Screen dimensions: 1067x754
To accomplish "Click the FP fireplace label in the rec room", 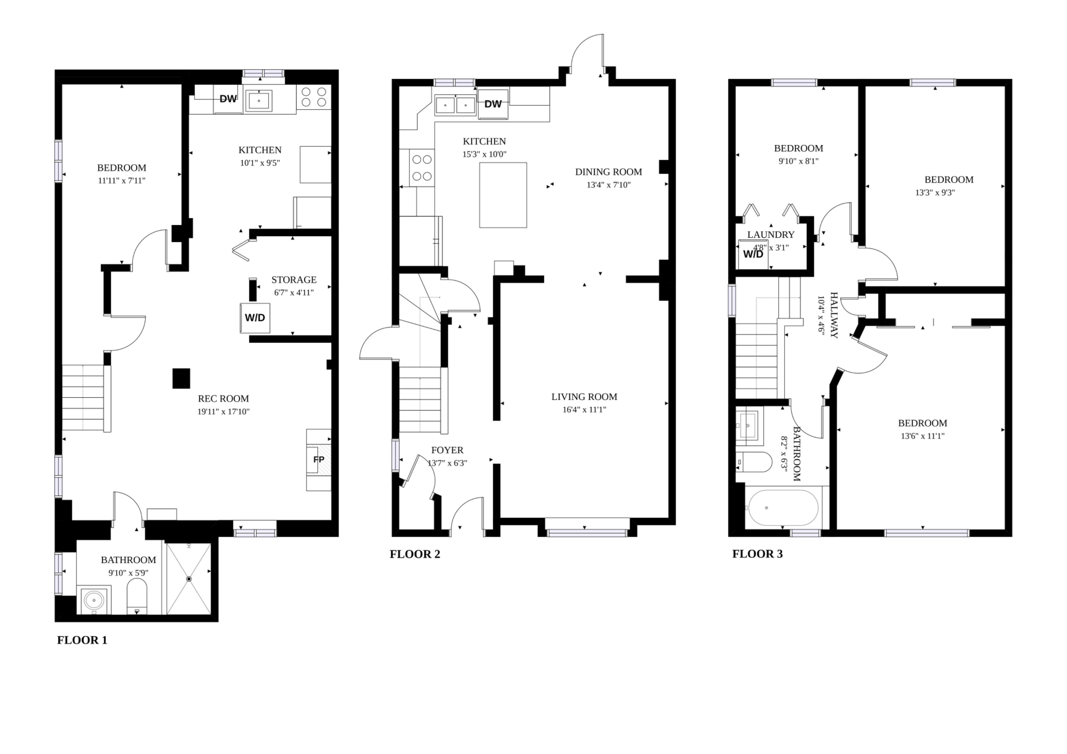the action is point(319,459).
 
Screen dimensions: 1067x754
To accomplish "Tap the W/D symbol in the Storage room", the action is point(255,318).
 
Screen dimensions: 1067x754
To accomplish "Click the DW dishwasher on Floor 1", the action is point(228,99).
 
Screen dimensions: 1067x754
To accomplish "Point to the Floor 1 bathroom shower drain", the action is point(189,579).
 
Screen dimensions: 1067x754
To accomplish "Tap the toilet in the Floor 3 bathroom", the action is point(754,462).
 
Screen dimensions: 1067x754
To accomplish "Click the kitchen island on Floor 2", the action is point(503,195).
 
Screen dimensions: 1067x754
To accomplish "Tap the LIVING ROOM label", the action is point(584,397).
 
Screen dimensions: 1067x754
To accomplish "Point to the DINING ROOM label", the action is point(608,172).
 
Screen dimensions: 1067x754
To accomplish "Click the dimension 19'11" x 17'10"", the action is point(223,412).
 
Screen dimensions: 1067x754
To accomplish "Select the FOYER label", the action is point(447,450).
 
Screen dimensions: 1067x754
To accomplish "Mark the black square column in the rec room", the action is point(181,378).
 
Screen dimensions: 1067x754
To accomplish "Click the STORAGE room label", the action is point(294,280).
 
